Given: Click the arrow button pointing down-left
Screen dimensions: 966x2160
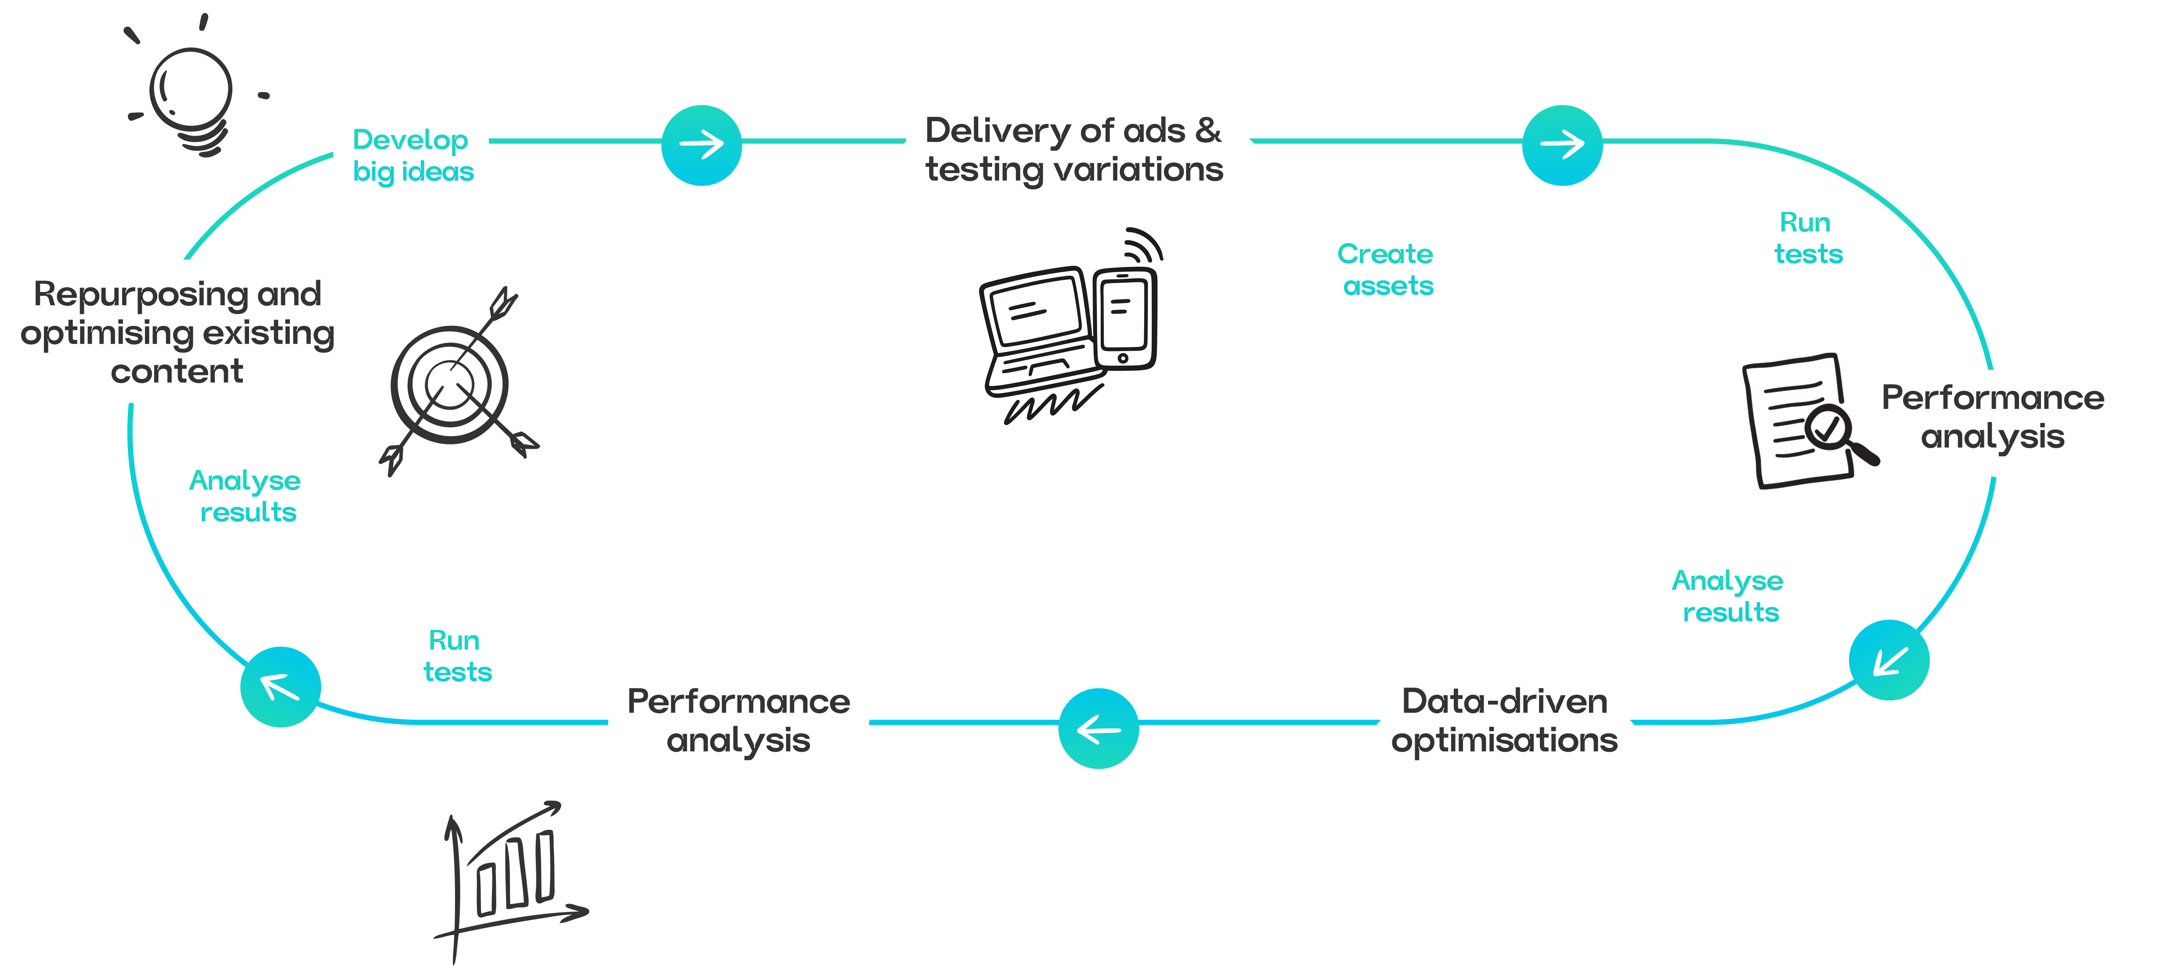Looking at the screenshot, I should [x=1889, y=660].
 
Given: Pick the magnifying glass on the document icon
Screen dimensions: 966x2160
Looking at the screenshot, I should [x=1832, y=432].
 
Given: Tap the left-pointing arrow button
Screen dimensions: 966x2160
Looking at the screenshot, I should [x=1098, y=729].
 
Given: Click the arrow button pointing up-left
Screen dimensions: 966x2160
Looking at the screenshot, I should [x=280, y=687].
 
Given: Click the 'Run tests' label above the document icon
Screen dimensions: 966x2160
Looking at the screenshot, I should [x=1808, y=238].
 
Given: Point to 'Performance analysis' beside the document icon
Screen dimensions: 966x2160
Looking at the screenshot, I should [x=1993, y=417].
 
